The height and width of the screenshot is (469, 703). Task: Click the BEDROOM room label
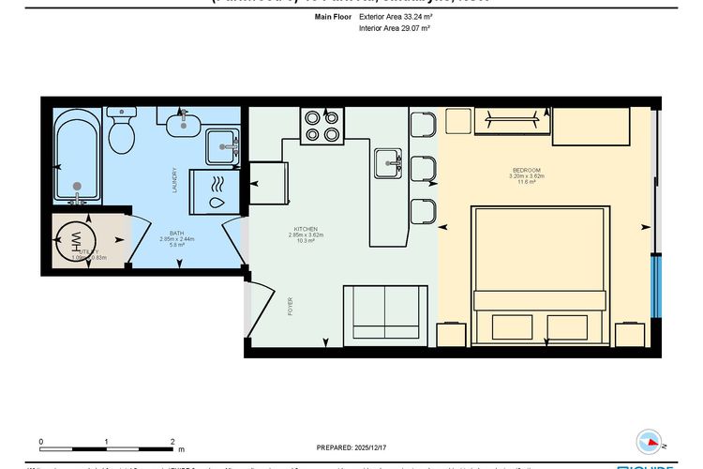526,169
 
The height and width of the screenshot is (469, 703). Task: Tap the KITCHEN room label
306,229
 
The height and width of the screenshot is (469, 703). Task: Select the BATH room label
177,234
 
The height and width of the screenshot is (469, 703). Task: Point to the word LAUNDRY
174,180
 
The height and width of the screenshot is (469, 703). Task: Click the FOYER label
291,307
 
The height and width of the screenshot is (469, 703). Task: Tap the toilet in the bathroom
122,132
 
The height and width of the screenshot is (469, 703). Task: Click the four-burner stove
320,126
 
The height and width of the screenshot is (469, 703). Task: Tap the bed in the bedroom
540,272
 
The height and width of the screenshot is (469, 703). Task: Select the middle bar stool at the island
424,169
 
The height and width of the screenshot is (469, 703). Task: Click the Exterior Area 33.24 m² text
395,17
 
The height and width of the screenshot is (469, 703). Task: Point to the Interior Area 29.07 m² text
394,29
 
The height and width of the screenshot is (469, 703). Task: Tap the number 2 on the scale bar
172,441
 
